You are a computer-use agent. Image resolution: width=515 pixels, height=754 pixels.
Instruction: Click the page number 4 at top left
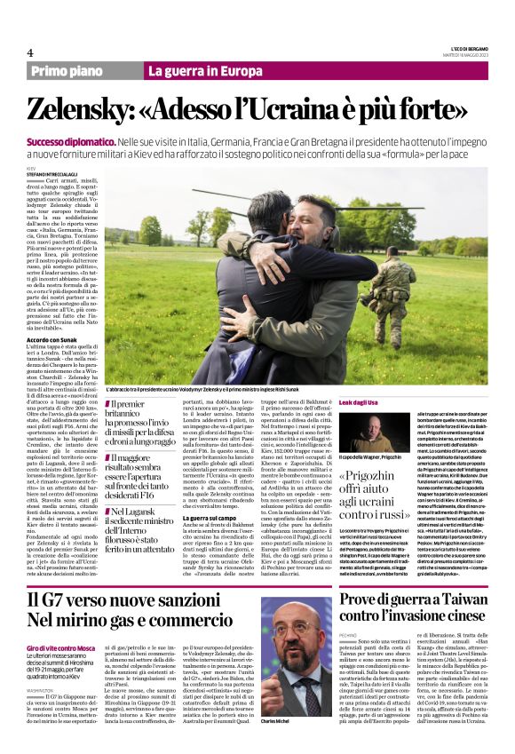tap(30, 52)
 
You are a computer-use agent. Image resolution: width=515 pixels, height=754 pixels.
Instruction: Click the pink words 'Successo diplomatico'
tap(68, 142)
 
